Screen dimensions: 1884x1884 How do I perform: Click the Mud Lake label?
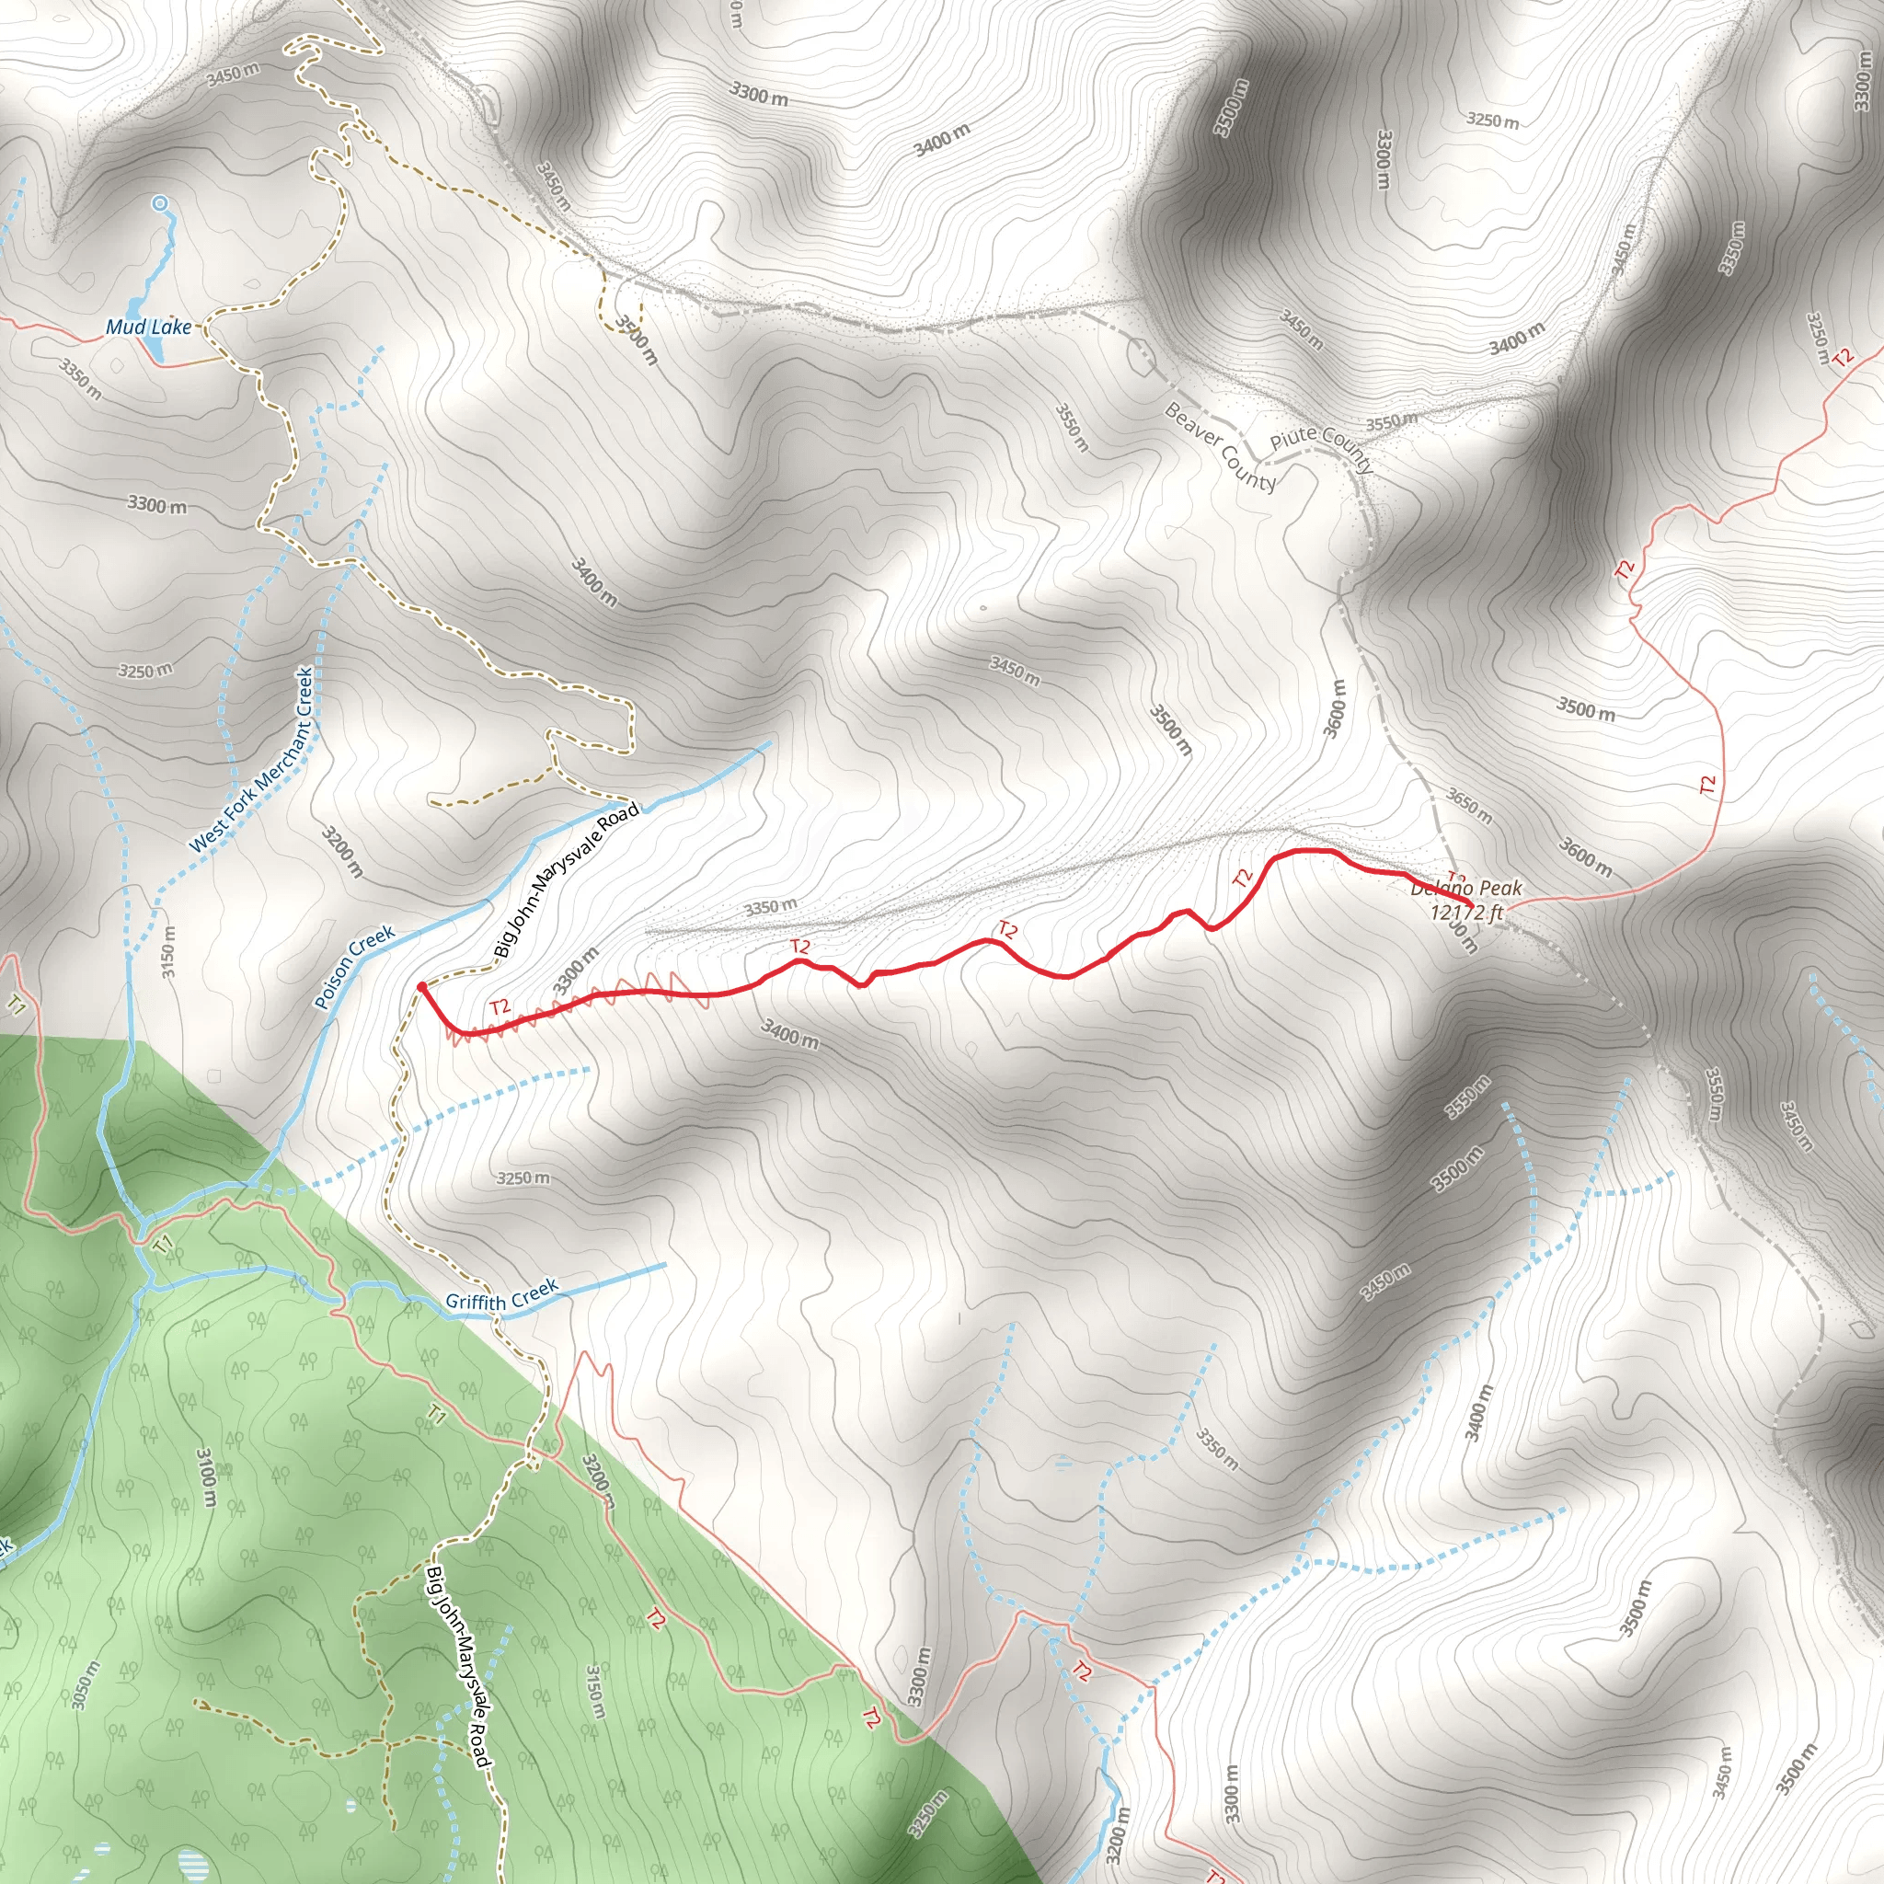pyautogui.click(x=148, y=327)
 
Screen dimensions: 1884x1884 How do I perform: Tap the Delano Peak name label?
pyautogui.click(x=1465, y=889)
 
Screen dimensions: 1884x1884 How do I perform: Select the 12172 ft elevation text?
pyautogui.click(x=1466, y=913)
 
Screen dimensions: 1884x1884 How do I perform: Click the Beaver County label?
pyautogui.click(x=1220, y=448)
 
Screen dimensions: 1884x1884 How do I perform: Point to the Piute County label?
pyautogui.click(x=1321, y=448)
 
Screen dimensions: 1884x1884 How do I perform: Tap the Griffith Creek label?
pyautogui.click(x=501, y=1294)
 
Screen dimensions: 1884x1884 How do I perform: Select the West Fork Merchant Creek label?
pyautogui.click(x=251, y=760)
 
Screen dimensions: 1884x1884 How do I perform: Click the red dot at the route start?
pyautogui.click(x=421, y=987)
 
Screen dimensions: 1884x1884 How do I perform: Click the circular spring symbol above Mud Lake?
pyautogui.click(x=160, y=202)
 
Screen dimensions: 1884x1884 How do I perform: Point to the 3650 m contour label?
pyautogui.click(x=1468, y=806)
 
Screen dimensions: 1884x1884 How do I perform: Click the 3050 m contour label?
pyautogui.click(x=84, y=1685)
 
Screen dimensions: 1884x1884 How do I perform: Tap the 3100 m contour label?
pyautogui.click(x=207, y=1477)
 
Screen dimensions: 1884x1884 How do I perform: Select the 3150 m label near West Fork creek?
pyautogui.click(x=167, y=951)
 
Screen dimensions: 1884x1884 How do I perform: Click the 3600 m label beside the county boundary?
pyautogui.click(x=1336, y=709)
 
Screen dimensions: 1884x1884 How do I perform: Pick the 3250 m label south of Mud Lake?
pyautogui.click(x=145, y=671)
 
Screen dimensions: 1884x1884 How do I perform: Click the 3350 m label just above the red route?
pyautogui.click(x=770, y=907)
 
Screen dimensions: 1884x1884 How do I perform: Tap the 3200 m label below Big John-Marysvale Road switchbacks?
pyautogui.click(x=342, y=851)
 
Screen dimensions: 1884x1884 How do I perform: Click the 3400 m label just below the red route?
pyautogui.click(x=790, y=1034)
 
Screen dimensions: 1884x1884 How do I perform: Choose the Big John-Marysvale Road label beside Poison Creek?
pyautogui.click(x=566, y=879)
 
